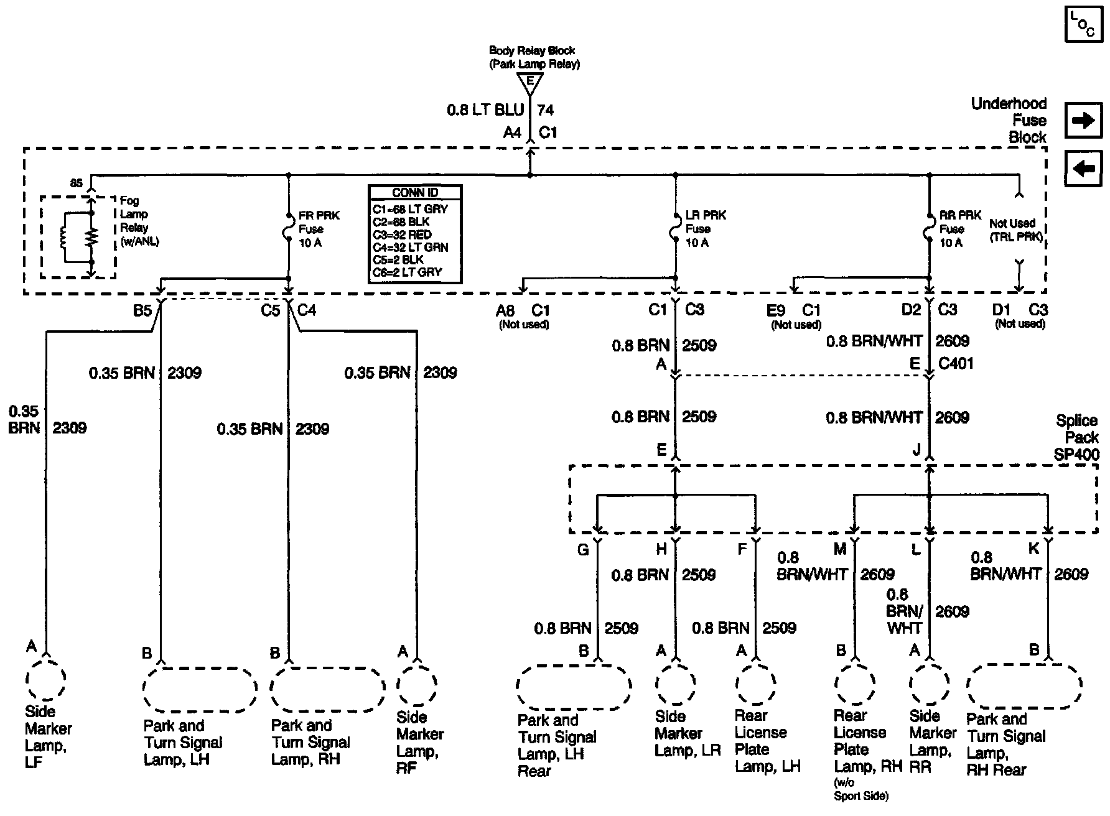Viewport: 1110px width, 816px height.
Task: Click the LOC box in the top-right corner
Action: pyautogui.click(x=1083, y=24)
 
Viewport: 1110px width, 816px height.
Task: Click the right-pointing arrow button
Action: pyautogui.click(x=1083, y=120)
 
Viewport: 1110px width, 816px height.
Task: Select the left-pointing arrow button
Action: pyautogui.click(x=1083, y=168)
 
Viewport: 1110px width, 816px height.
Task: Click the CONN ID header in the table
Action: pyautogui.click(x=414, y=192)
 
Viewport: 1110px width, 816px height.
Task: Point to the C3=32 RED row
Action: pyautogui.click(x=401, y=234)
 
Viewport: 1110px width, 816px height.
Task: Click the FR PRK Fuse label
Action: pyautogui.click(x=319, y=229)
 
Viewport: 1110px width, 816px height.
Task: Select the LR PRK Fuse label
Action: pyautogui.click(x=705, y=229)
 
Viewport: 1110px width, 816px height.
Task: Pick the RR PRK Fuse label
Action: pyautogui.click(x=960, y=229)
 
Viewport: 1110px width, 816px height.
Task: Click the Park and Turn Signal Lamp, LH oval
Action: pyautogui.click(x=199, y=689)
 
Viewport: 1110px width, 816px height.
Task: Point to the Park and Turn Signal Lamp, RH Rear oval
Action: pyautogui.click(x=1024, y=686)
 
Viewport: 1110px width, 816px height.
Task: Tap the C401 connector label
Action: pyautogui.click(x=956, y=363)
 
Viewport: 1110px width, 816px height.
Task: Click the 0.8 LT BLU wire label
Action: pyautogui.click(x=485, y=111)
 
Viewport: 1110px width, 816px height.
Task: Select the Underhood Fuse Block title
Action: pyautogui.click(x=1009, y=120)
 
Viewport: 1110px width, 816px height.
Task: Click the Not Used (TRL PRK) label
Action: pyautogui.click(x=1015, y=229)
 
